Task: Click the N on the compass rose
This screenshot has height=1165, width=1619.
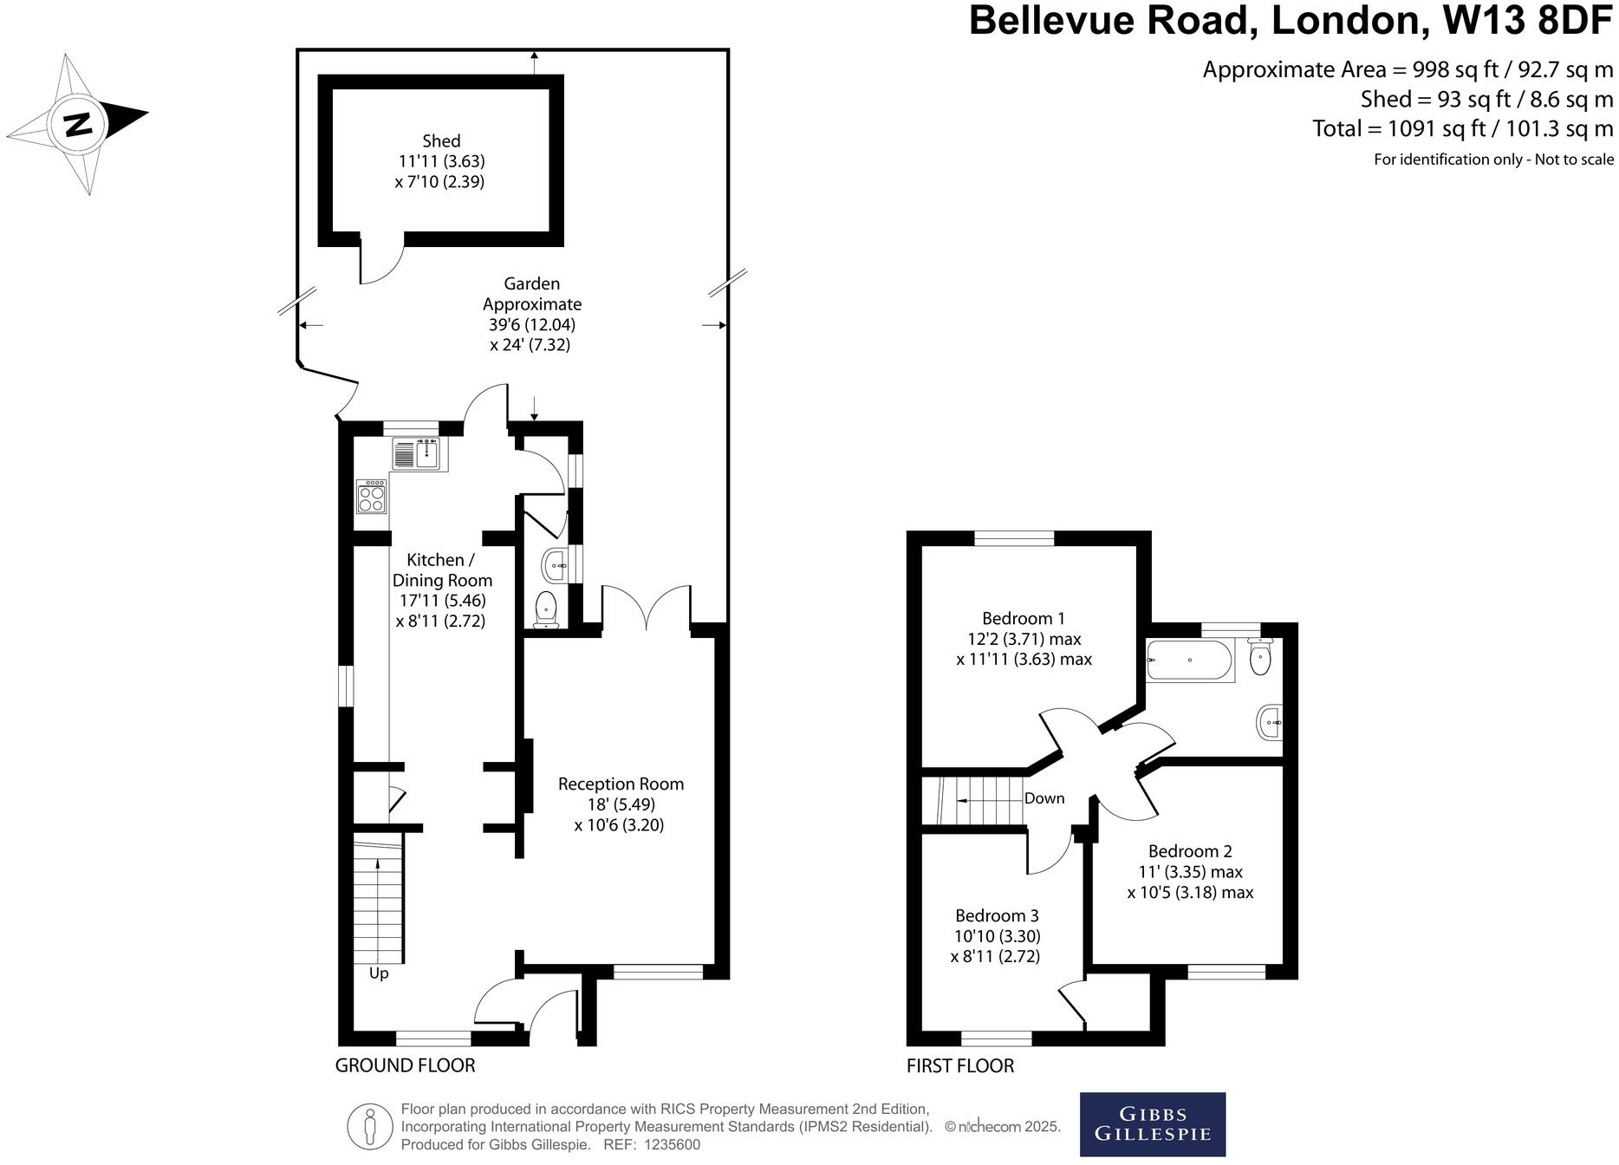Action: [x=78, y=124]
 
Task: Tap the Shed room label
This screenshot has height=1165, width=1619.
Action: [x=441, y=140]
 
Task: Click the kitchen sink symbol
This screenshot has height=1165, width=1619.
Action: [x=419, y=453]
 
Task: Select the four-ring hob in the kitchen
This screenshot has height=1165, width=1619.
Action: [x=371, y=496]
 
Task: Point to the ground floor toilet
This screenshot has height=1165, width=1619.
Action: [x=546, y=609]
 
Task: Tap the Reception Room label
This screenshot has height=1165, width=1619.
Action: [x=621, y=784]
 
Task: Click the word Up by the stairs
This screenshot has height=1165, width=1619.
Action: [x=379, y=973]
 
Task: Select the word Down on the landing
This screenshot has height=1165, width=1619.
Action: [x=1044, y=798]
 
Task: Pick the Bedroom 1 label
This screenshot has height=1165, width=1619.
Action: [x=1024, y=618]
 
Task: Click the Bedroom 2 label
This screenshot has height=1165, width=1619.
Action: [x=1190, y=851]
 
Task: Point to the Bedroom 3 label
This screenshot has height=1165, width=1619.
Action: [x=997, y=915]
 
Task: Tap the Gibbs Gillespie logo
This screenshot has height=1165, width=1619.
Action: [x=1153, y=1124]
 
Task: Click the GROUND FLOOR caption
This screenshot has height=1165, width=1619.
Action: [x=405, y=1065]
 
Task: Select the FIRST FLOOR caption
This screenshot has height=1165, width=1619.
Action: [x=960, y=1065]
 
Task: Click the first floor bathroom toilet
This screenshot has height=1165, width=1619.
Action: [x=1261, y=656]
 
